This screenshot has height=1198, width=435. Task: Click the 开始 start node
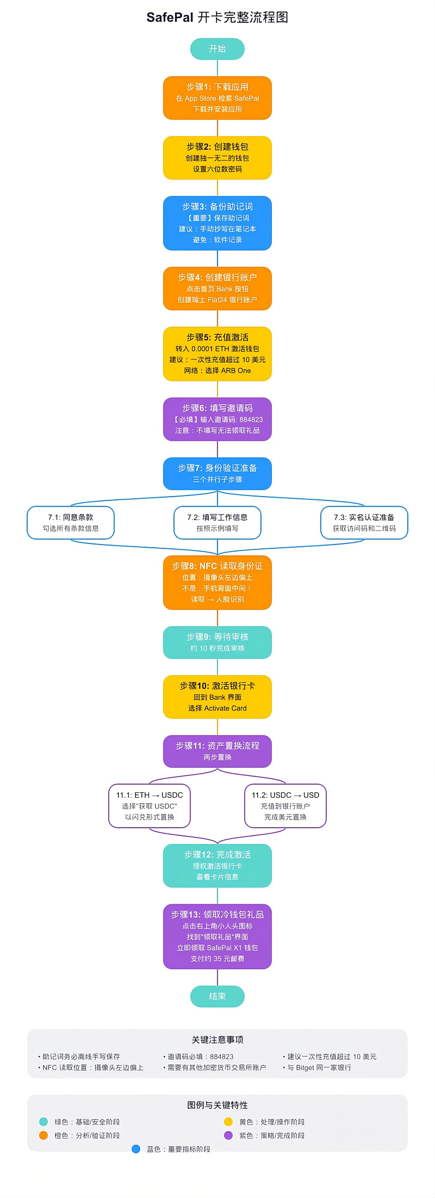(x=217, y=49)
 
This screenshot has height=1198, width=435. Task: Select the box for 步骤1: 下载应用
(x=217, y=98)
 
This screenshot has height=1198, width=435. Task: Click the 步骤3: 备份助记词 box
(x=217, y=223)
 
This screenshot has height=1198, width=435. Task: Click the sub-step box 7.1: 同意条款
(x=71, y=522)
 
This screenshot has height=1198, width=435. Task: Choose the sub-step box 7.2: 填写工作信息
(x=217, y=522)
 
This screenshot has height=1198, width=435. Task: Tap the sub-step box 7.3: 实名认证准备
(x=364, y=522)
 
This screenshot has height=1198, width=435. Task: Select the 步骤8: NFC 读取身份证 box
(x=217, y=582)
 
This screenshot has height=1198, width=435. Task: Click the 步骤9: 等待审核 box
(x=217, y=642)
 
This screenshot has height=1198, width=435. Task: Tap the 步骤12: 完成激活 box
(x=217, y=865)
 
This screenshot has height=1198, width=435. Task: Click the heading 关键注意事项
(x=217, y=1039)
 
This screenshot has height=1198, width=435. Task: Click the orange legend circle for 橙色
(x=44, y=1135)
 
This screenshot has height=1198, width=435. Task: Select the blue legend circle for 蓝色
(x=136, y=1149)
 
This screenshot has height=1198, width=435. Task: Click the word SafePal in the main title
(x=170, y=18)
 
